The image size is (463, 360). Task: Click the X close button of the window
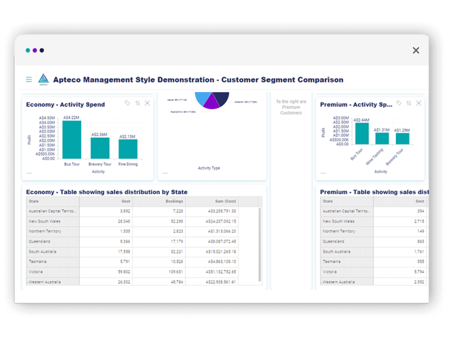[416, 50]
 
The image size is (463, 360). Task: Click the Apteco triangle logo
[43, 79]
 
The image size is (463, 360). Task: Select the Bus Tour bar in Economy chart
[72, 140]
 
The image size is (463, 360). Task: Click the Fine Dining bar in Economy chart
[128, 149]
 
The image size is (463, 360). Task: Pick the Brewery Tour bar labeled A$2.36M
[100, 148]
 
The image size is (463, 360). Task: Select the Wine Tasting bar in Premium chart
[382, 138]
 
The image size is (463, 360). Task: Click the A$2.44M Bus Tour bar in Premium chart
[362, 134]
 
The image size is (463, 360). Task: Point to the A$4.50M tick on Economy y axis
[47, 118]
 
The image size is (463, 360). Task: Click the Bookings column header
[174, 201]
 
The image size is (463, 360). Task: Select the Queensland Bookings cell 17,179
[174, 241]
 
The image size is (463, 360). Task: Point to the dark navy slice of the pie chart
[221, 98]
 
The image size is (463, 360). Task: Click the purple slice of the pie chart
[211, 103]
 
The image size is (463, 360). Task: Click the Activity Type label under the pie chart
[209, 168]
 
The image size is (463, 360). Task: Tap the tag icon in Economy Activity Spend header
[127, 103]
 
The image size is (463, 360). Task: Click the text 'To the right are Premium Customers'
[291, 107]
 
